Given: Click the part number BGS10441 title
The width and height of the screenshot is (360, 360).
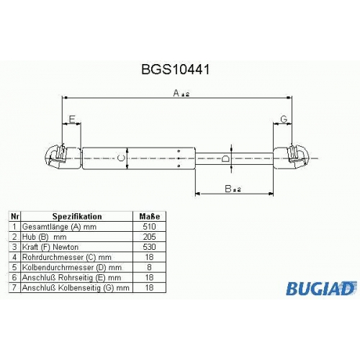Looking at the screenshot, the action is tap(176, 70).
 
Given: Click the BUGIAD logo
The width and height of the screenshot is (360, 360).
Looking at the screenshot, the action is tap(321, 288).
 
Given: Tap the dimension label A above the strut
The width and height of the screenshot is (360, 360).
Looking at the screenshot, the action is tap(176, 93).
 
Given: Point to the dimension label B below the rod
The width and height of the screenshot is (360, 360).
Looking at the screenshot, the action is tap(228, 189).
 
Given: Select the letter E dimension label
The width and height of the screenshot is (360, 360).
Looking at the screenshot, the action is tap(72, 120).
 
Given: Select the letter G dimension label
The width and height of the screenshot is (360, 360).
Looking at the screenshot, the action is tap(284, 120).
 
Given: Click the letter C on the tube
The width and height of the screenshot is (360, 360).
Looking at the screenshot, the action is tap(121, 158).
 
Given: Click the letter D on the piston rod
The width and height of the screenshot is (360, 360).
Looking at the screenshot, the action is tap(225, 158).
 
